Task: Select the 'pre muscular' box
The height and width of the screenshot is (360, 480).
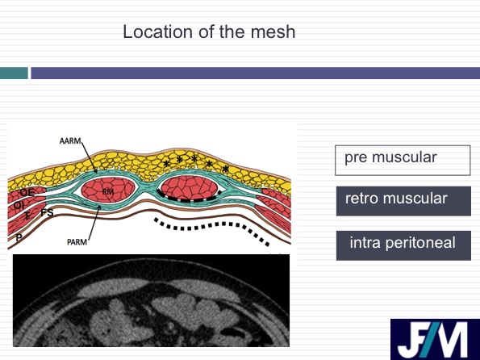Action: point(403,161)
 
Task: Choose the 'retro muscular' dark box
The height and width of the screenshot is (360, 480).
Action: point(403,201)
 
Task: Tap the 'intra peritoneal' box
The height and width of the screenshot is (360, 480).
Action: point(403,245)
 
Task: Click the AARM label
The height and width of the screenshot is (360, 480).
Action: point(70,141)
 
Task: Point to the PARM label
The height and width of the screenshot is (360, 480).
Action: point(77,242)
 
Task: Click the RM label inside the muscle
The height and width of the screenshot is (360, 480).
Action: point(108,192)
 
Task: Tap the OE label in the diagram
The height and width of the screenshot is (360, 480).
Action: point(27,192)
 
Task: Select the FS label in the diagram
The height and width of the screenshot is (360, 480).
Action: point(47,212)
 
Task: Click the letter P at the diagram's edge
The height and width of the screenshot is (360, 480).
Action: point(19,237)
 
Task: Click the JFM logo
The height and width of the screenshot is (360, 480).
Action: point(435,339)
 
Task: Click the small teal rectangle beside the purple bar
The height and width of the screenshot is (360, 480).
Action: point(14,73)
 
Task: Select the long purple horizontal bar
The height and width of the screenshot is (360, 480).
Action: point(255,73)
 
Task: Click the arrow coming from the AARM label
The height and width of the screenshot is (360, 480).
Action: point(90,158)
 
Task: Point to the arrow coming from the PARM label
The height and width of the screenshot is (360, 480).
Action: point(94,223)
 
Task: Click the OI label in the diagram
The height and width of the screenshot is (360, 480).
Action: point(18,205)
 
